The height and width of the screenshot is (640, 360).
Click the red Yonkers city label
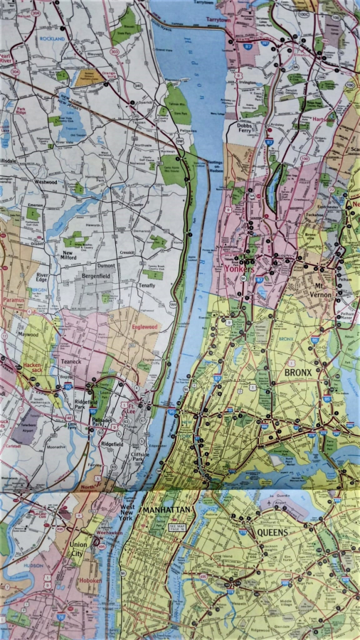pos(240,270)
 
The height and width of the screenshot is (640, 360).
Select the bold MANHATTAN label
pos(166,511)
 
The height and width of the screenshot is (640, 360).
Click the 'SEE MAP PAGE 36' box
pos(176,528)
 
